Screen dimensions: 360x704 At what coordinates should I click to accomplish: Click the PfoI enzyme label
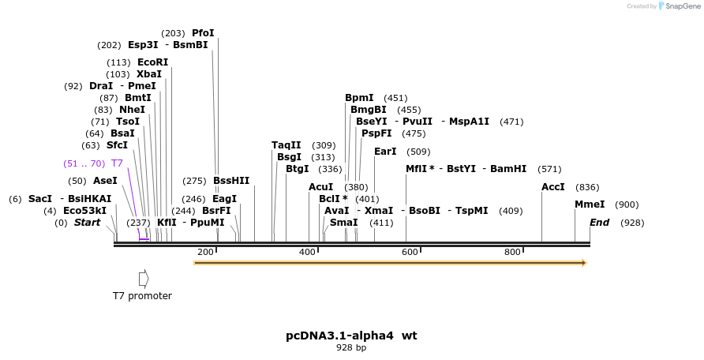pos(203,33)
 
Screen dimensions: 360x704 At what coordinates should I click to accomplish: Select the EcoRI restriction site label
pos(152,62)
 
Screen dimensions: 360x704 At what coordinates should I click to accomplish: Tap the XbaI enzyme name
pos(149,74)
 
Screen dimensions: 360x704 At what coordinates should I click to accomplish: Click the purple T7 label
pos(117,163)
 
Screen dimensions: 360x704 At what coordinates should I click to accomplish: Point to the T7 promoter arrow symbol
pos(144,279)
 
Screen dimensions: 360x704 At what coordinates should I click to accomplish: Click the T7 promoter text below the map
pos(142,296)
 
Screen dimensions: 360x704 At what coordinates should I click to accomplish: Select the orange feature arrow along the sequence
pos(390,263)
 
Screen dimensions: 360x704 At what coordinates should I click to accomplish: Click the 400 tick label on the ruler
pos(307,252)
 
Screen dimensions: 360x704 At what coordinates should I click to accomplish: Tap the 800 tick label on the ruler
pos(512,252)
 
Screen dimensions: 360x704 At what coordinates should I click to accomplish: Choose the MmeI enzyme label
pos(590,204)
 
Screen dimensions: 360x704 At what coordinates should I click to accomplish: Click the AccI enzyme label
pos(553,187)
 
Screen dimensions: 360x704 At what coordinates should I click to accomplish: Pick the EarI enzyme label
pos(385,152)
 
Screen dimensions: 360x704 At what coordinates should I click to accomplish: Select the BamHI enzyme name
pos(508,169)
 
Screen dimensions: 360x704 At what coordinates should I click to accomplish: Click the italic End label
pos(599,223)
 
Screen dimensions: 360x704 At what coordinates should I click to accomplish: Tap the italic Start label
pos(87,223)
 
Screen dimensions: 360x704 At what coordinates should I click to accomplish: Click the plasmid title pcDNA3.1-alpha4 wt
pos(351,336)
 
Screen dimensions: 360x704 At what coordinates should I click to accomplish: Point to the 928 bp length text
pos(351,348)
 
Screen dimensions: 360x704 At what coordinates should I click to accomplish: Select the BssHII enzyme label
pos(231,181)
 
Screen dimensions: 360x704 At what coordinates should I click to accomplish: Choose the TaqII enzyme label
pos(286,145)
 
